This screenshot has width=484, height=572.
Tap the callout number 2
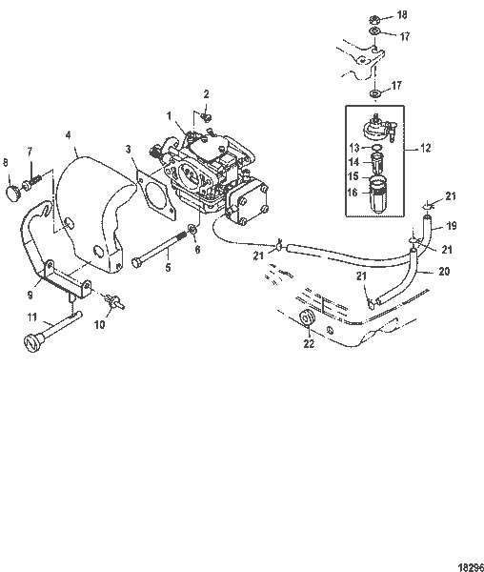[205, 92]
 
